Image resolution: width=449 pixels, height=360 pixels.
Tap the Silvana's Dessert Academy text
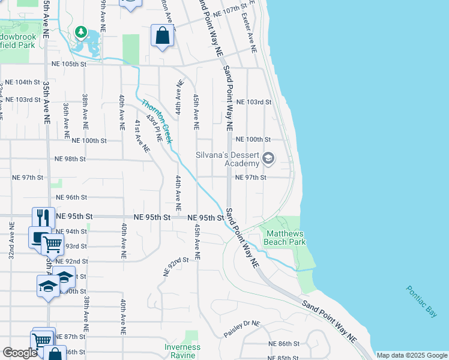(x=228, y=158)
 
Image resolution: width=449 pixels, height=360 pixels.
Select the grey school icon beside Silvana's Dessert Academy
(x=268, y=159)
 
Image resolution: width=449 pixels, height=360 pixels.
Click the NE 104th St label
(x=20, y=82)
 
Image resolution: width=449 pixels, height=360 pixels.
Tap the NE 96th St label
(x=71, y=197)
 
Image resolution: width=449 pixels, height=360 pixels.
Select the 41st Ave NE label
(x=142, y=135)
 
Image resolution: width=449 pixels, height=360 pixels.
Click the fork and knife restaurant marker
(x=41, y=217)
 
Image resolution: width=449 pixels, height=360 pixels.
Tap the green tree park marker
(x=80, y=31)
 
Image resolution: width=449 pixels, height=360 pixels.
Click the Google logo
(x=20, y=353)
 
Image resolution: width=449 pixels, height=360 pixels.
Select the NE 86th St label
(x=283, y=344)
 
